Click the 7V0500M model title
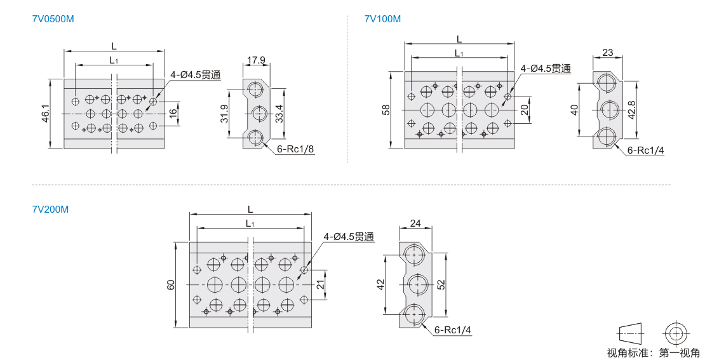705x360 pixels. (x=53, y=19)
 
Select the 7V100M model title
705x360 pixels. (x=382, y=19)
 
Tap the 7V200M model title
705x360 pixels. (x=50, y=210)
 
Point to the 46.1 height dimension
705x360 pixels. (x=44, y=114)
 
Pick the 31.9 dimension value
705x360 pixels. (x=224, y=114)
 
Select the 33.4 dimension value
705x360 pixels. (x=279, y=114)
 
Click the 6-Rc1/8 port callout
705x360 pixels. (x=295, y=149)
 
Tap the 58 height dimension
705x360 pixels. (x=386, y=110)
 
